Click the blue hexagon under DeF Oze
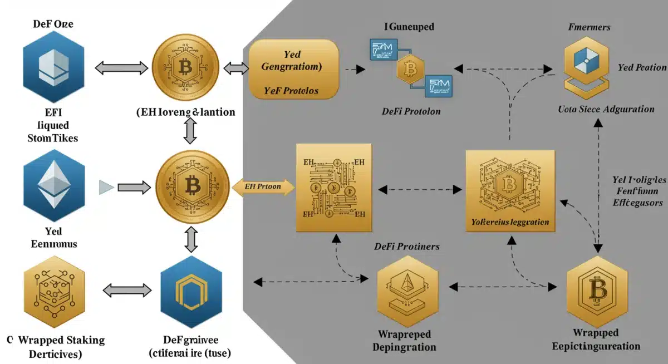coord(53,70)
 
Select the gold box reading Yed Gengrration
coord(294,70)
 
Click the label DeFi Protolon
coord(411,111)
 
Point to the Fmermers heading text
coord(589,27)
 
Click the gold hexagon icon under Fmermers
coord(587,68)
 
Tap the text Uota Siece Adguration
coord(606,109)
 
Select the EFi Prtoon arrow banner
coord(262,188)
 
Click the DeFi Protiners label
coord(406,247)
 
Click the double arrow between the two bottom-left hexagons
coord(127,290)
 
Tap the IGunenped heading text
coord(409,26)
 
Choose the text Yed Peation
coord(641,67)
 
